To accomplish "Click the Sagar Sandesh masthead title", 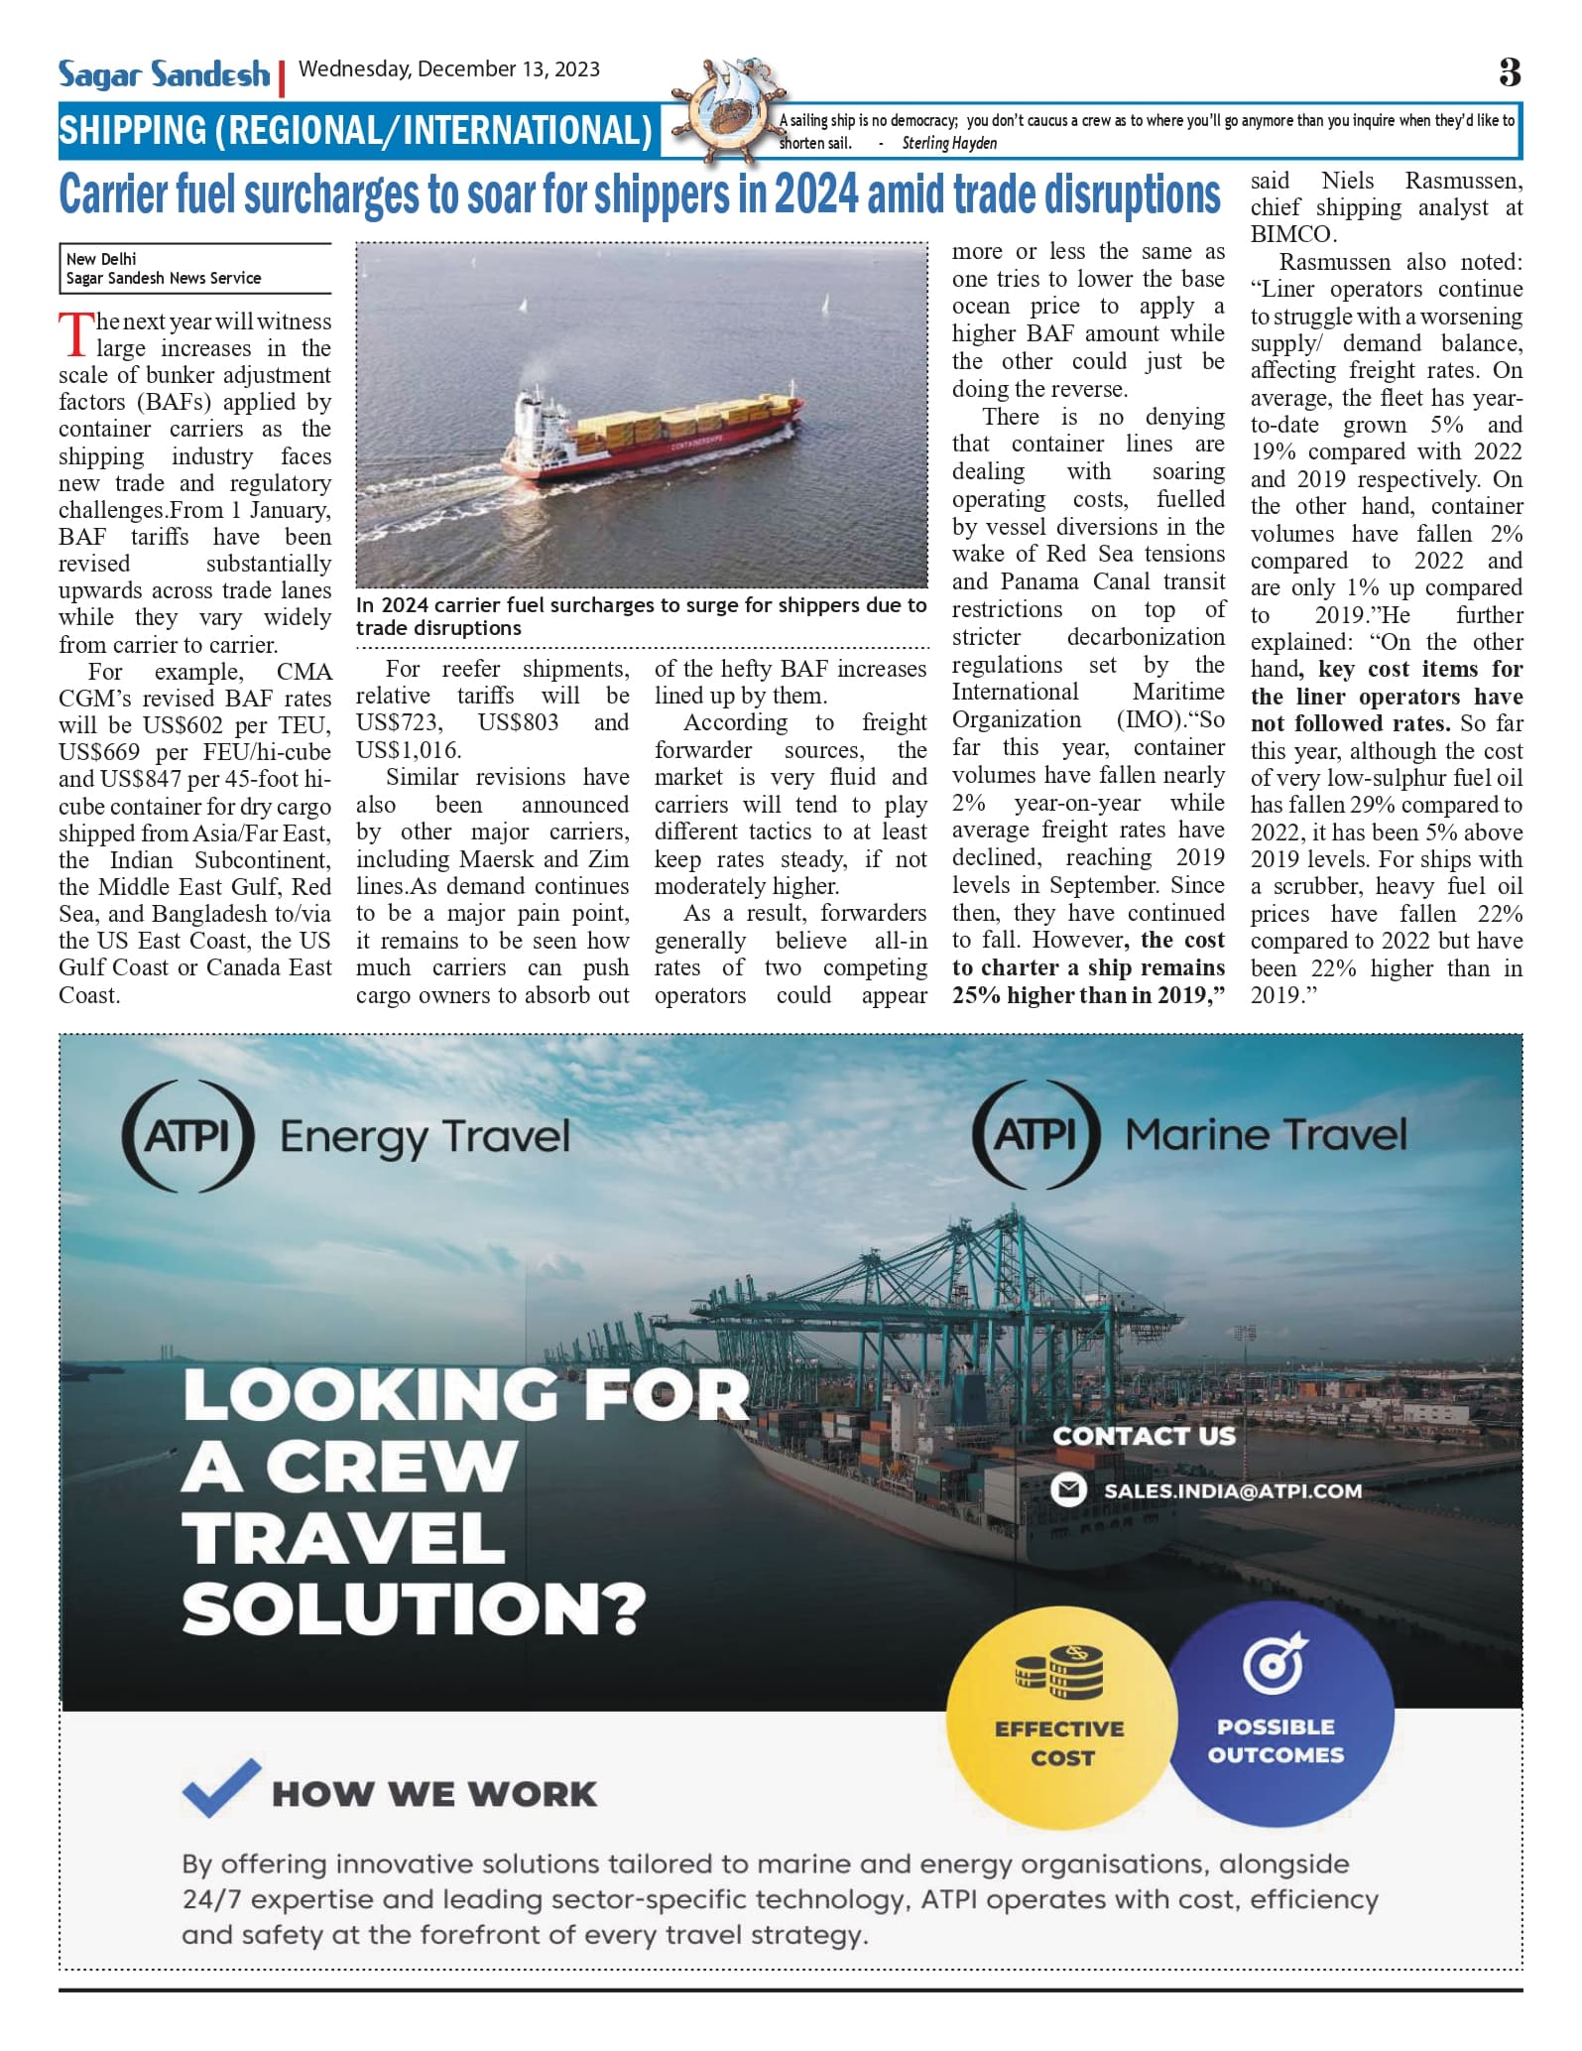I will pos(164,74).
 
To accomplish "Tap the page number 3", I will pos(1509,72).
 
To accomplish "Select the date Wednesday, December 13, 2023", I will pos(449,69).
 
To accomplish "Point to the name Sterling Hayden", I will pos(949,143).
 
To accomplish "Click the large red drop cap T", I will pos(75,334).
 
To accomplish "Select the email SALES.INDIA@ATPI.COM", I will pos(1233,1490).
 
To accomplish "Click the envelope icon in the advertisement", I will pos(1068,1490).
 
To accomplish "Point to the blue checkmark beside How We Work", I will pos(221,1787).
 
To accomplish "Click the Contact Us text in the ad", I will pos(1144,1436).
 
